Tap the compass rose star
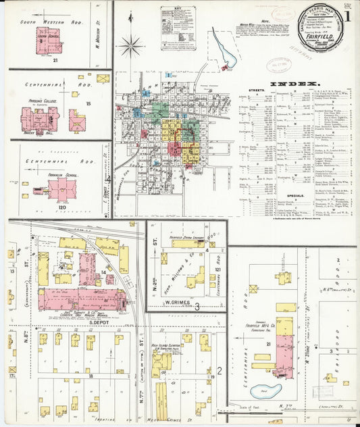pos(131,46)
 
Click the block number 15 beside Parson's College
pos(88,103)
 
